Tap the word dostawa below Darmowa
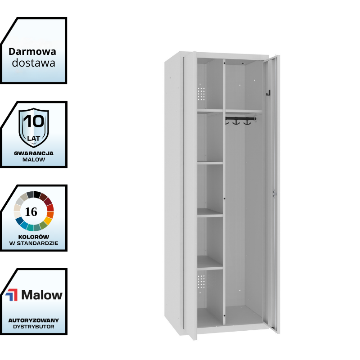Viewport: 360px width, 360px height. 34,63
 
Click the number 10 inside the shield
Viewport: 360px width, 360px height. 34,121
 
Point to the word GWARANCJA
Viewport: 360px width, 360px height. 34,153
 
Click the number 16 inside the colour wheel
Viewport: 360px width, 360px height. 31,212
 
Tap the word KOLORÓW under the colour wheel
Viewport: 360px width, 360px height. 34,237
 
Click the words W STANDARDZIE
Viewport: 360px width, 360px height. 34,243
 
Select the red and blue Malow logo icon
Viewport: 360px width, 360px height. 12,295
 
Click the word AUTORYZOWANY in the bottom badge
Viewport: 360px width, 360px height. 34,320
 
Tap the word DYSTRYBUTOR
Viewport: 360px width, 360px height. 34,327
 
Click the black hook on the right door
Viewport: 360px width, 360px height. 268,93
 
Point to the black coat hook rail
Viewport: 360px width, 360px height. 241,119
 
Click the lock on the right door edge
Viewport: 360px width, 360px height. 273,193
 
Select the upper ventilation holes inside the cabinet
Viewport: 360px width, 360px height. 202,93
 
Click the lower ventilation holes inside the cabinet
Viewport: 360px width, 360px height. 202,282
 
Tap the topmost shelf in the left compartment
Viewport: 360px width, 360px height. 210,111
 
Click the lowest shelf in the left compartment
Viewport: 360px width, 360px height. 210,268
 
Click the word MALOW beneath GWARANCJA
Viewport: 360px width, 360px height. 34,160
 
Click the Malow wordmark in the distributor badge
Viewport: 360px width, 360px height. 42,295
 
